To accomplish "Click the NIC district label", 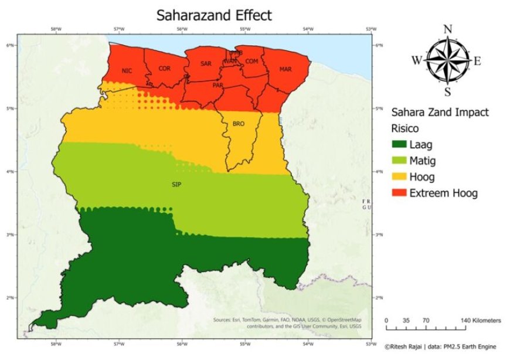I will (x=127, y=71).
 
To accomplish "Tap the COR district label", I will (x=165, y=69).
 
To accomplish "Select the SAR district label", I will (x=206, y=63).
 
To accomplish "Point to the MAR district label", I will (x=285, y=69).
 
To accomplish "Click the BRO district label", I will (x=239, y=124).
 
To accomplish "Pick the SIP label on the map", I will (x=176, y=185).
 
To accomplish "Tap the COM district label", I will (x=252, y=61).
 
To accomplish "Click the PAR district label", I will (x=218, y=85).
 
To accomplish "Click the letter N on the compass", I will (x=448, y=29).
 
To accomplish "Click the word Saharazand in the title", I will (x=191, y=15).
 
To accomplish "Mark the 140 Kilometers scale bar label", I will (x=481, y=321).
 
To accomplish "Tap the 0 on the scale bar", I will (x=387, y=321).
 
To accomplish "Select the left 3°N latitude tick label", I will (x=10, y=234).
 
